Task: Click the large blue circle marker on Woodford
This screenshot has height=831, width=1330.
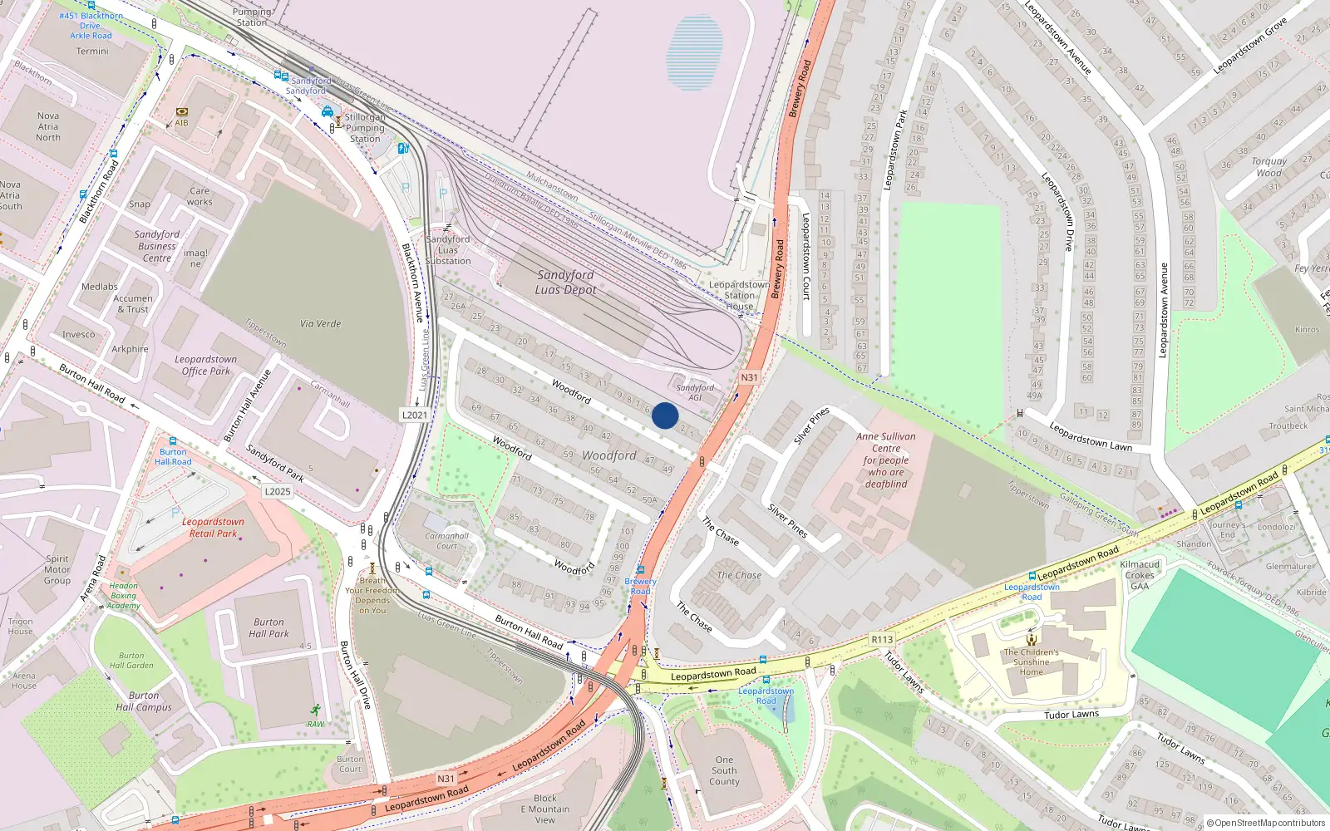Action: [x=665, y=415]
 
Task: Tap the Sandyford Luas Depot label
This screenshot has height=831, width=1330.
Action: [x=565, y=283]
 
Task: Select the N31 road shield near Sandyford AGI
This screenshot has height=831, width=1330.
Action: [x=749, y=377]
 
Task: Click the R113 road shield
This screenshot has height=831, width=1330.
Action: [x=882, y=639]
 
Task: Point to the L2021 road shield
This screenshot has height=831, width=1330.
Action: [x=415, y=415]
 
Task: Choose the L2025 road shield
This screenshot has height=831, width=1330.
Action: [x=278, y=491]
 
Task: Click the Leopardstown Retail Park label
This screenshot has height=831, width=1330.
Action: [x=213, y=528]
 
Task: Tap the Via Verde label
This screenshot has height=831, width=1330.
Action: [x=321, y=324]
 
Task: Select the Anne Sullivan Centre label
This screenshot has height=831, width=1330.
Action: [x=886, y=460]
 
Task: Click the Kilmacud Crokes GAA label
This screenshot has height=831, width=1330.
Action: [x=1140, y=575]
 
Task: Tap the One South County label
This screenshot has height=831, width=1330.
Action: [x=724, y=770]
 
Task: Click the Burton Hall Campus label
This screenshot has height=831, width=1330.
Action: [x=144, y=701]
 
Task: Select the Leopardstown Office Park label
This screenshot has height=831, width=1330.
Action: [x=205, y=366]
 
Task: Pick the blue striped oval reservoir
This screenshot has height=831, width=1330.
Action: [x=694, y=52]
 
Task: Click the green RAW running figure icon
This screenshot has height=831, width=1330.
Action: [x=315, y=710]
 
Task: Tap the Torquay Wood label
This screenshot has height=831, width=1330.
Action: [x=1268, y=167]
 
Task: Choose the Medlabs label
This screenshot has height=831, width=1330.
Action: [x=100, y=287]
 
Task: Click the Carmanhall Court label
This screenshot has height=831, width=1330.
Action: [x=447, y=541]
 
